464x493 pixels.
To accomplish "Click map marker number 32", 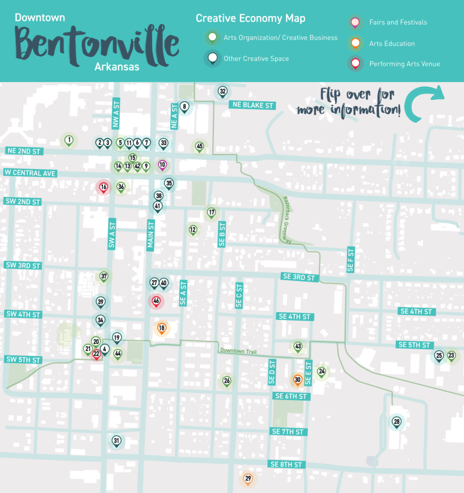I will [222, 91].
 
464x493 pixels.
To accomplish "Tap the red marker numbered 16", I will [103, 187].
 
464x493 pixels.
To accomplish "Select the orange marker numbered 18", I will [162, 328].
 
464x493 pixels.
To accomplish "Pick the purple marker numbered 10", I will [162, 165].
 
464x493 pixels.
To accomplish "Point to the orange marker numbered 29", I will [248, 479].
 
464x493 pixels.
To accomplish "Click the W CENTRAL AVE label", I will [30, 173].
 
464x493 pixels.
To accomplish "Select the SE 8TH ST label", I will [286, 465].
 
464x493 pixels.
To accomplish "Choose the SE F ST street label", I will [350, 259].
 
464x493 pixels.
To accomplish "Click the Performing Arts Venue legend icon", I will [356, 64].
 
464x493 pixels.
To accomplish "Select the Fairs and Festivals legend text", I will [398, 22].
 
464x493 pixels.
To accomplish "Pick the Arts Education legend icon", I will [356, 43].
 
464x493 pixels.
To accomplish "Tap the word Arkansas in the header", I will [117, 67].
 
